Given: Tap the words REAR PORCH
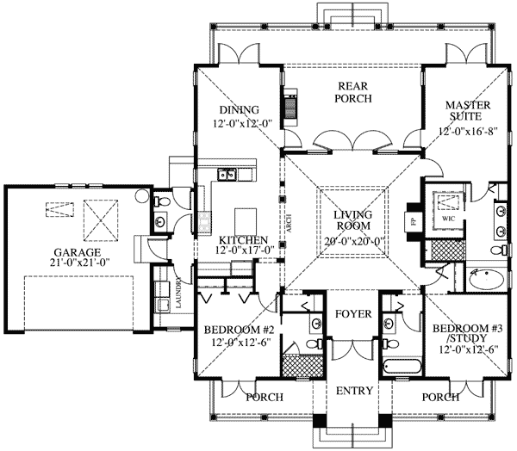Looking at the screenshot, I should pos(354,92).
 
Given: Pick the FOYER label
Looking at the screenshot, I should pos(353,314).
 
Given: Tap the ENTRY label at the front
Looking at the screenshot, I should pos(354,391).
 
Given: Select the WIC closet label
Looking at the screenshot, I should pos(446,219).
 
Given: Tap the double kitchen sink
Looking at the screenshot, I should pos(228,176).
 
